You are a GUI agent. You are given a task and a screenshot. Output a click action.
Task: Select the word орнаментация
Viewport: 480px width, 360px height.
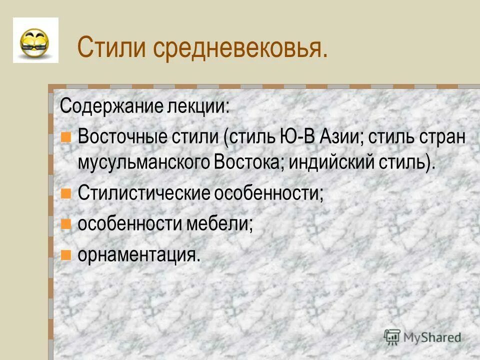[138, 255]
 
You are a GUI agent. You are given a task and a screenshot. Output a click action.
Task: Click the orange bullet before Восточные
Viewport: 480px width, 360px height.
[65, 137]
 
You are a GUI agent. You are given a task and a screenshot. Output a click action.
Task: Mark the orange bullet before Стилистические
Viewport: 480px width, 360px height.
[65, 193]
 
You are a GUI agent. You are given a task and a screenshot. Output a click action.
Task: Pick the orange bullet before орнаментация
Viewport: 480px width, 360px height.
[65, 255]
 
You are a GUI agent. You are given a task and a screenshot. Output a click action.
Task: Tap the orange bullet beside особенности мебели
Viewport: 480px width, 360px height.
[65, 224]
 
